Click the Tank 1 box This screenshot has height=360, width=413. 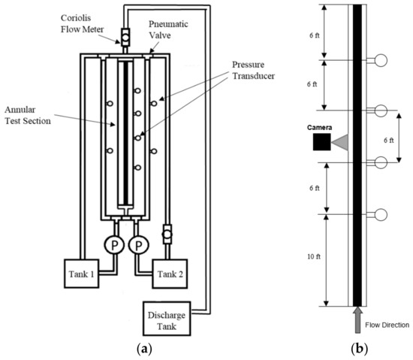[x=82, y=274]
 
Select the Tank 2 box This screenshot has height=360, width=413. [x=170, y=274]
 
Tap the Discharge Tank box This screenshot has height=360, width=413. [x=167, y=319]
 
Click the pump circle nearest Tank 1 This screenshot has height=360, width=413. [x=114, y=245]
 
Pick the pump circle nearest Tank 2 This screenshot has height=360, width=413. [x=139, y=245]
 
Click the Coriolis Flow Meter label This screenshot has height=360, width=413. [x=82, y=23]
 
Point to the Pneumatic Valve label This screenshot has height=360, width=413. [x=168, y=29]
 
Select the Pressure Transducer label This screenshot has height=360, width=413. [x=253, y=70]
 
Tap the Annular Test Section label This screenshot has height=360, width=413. [x=28, y=115]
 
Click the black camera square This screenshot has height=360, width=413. [x=321, y=142]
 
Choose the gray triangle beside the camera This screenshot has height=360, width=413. [x=340, y=142]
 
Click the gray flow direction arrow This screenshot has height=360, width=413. [x=357, y=319]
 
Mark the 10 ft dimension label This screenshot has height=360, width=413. [x=314, y=256]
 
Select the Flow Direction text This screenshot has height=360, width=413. [x=387, y=325]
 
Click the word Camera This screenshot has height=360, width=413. [x=319, y=128]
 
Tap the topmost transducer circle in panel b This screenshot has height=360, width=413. [x=381, y=60]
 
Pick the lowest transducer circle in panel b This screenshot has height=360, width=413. [x=381, y=214]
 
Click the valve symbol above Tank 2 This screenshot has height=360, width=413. [x=167, y=234]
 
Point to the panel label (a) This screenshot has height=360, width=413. [x=145, y=349]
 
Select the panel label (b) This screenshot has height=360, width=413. [x=360, y=349]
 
